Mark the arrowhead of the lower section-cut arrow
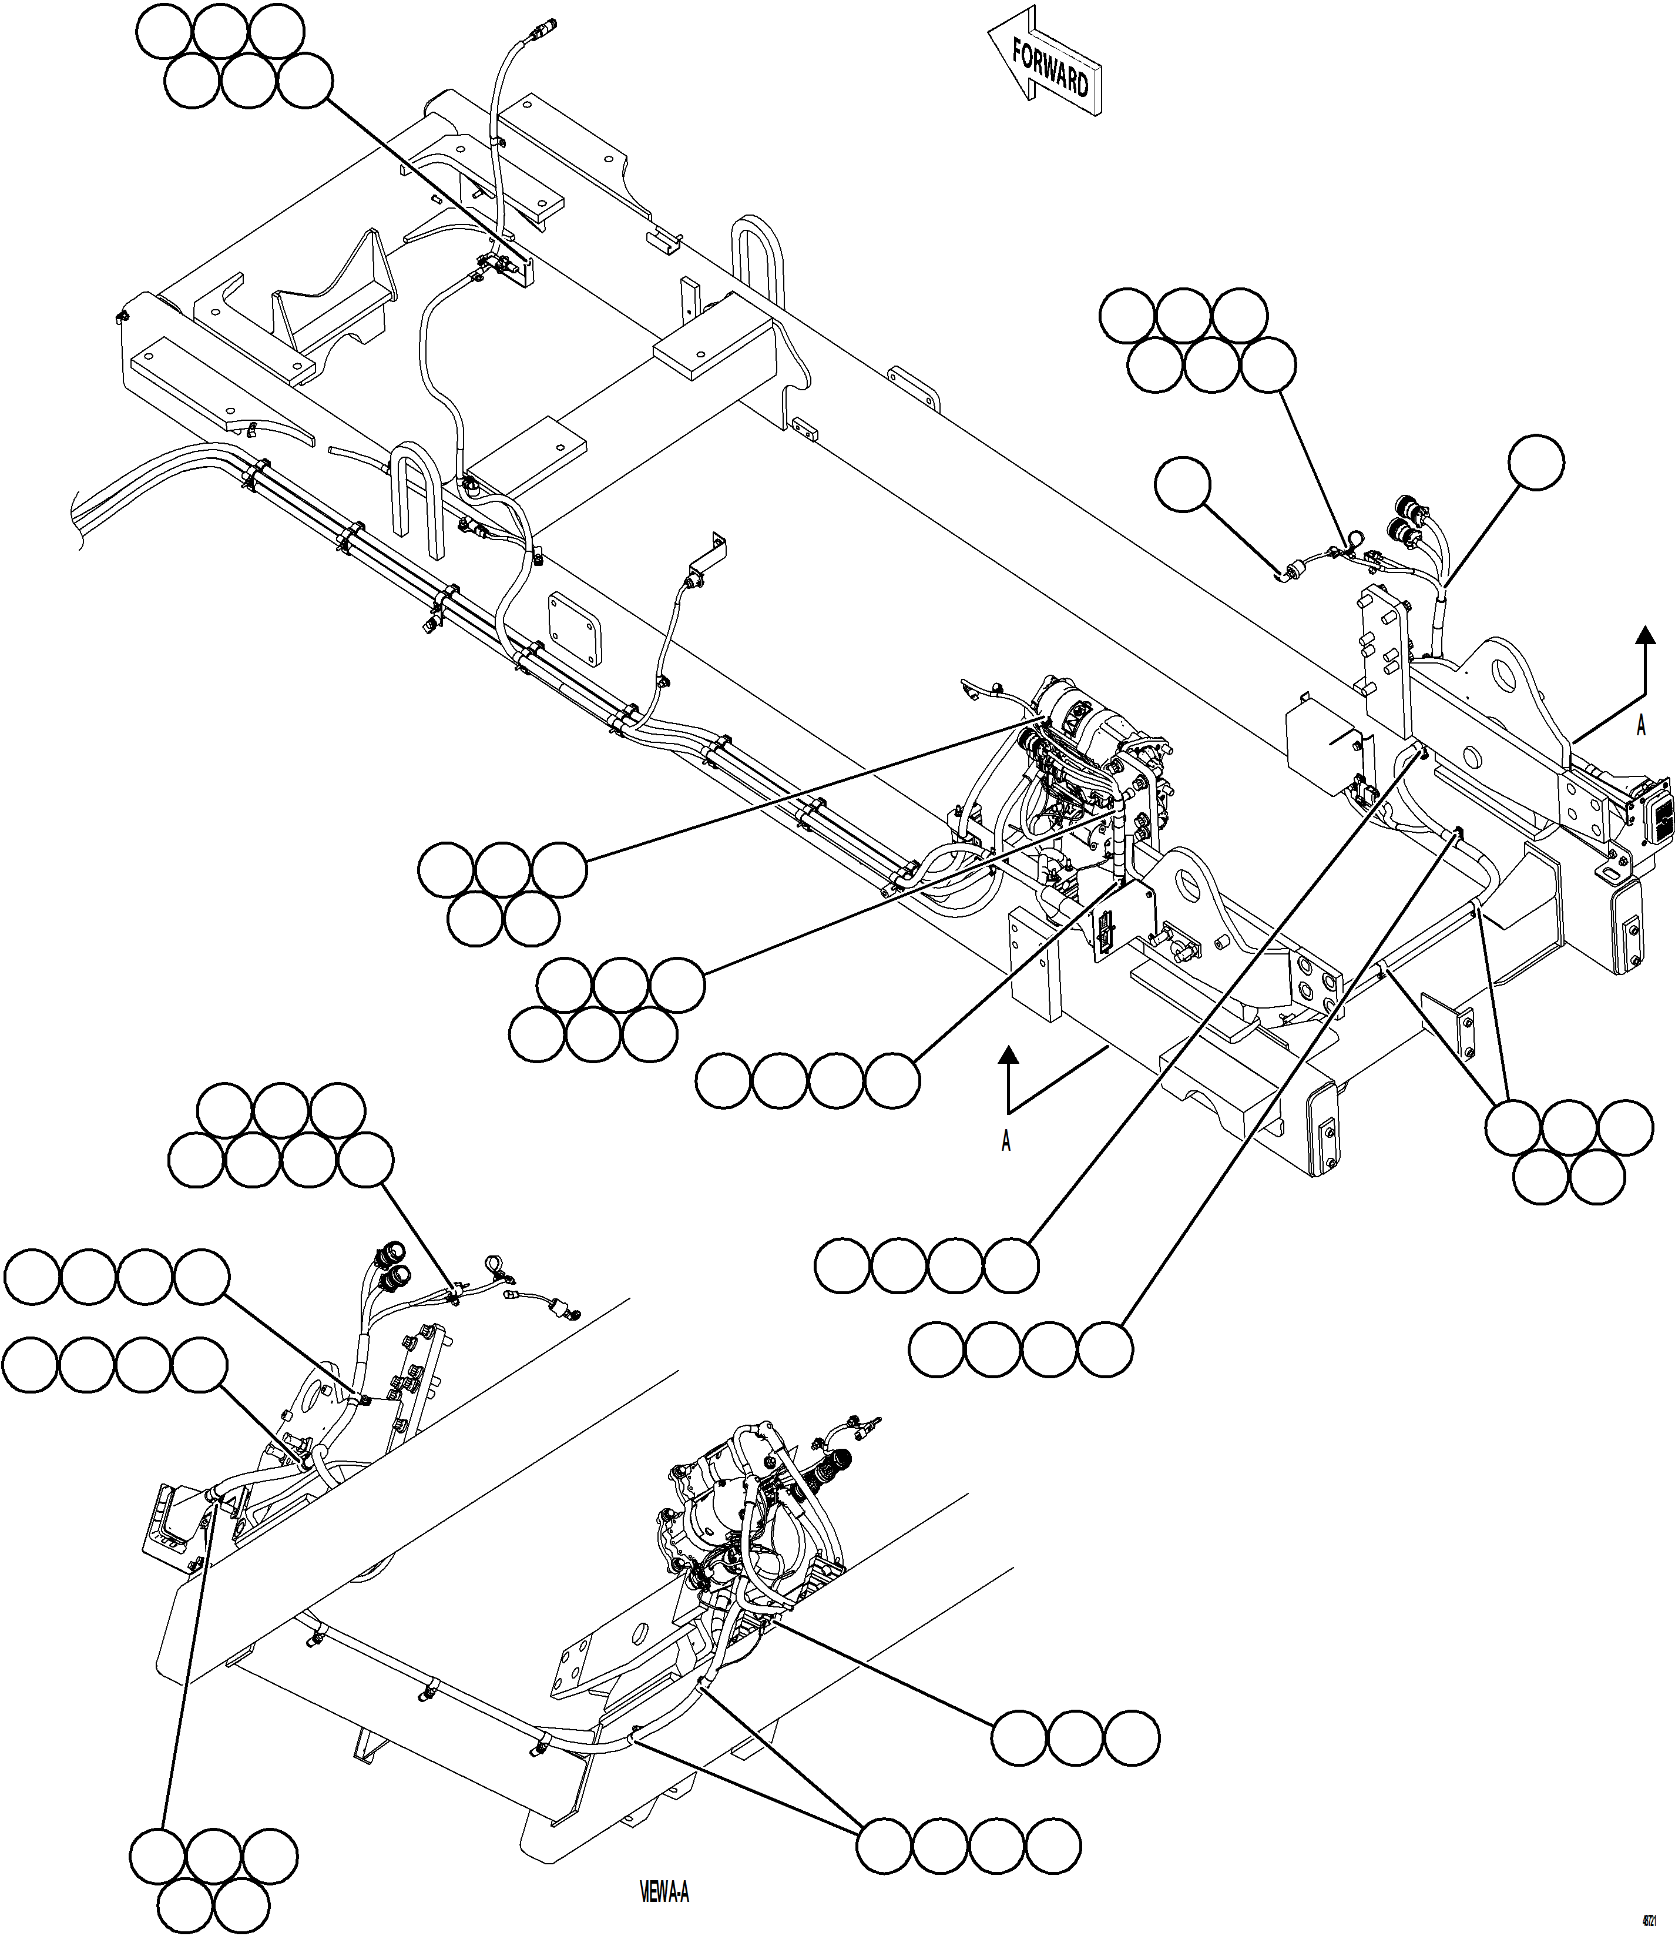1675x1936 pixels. (x=1008, y=1056)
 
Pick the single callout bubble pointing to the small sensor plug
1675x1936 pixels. (x=1183, y=484)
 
